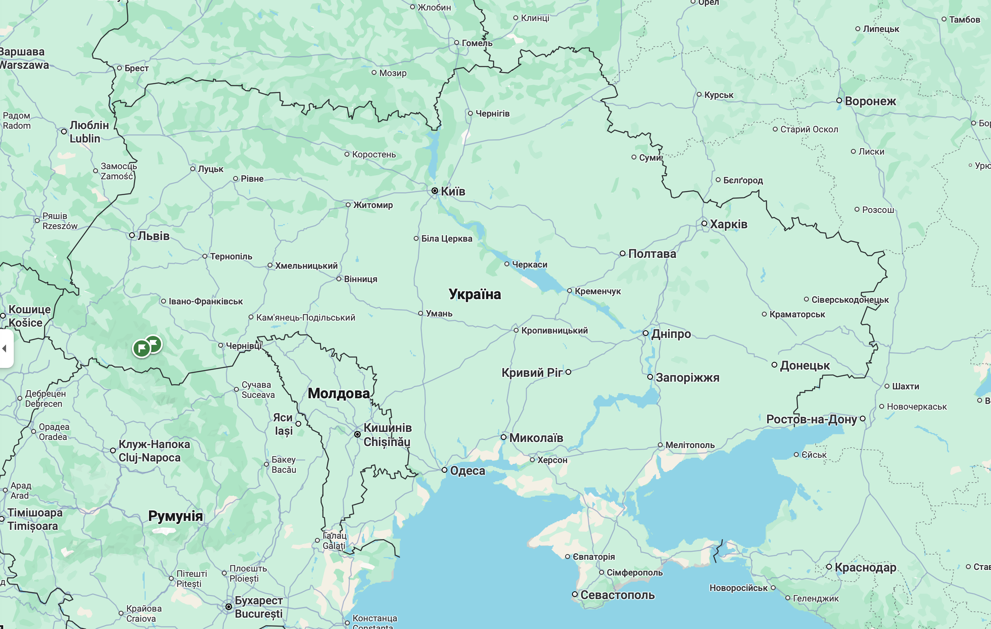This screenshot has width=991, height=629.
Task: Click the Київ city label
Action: point(453,191)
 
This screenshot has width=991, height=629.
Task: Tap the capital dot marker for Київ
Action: point(435,191)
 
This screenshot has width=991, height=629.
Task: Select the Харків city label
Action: point(728,224)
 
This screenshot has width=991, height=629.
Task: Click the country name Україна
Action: point(474,294)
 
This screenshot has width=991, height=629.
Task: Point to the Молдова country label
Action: point(338,393)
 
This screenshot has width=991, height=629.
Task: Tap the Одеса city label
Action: point(468,470)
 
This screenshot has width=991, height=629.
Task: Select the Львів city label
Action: point(153,236)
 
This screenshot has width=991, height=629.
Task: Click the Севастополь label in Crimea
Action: point(617,595)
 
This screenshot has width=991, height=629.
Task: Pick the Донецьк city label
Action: point(804,365)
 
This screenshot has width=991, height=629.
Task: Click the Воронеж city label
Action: point(870,101)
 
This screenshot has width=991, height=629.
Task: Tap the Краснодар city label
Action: point(865,567)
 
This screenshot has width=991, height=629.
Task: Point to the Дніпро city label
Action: point(671,334)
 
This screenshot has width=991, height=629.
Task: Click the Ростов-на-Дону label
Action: point(811,419)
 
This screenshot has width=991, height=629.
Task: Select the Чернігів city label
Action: point(492,114)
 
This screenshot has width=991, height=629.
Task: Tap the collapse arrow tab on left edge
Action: point(4,348)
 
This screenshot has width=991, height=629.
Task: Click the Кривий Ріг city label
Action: point(532,372)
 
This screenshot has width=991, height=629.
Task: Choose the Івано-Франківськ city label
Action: point(205,302)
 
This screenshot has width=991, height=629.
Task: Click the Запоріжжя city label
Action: point(687,377)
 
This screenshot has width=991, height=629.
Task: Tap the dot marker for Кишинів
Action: point(357,434)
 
